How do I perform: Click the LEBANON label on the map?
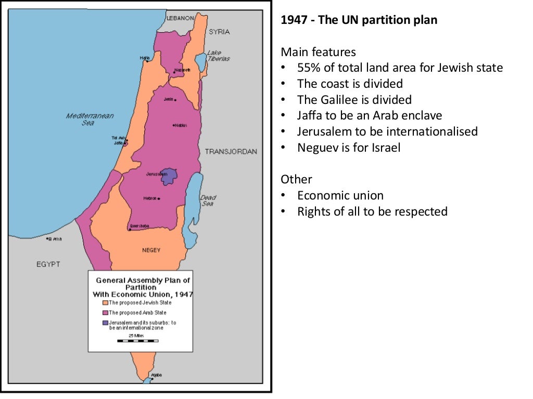point(180,18)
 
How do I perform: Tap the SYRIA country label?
point(219,32)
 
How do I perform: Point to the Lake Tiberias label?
point(218,56)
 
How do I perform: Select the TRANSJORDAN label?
point(231,152)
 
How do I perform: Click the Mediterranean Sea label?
point(90,119)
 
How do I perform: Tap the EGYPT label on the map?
point(48,264)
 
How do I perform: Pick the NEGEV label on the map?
point(151,250)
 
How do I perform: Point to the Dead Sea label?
point(208,201)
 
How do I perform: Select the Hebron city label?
point(150,198)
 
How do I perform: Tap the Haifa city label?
point(144,58)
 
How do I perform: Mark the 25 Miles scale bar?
point(138,340)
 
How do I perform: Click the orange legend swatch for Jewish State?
point(105,302)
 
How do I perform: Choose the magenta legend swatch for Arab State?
point(105,313)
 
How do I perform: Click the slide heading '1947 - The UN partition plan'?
point(359,20)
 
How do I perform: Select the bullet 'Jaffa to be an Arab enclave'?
point(370,115)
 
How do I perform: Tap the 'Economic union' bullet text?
point(340,195)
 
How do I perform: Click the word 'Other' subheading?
point(296,179)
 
